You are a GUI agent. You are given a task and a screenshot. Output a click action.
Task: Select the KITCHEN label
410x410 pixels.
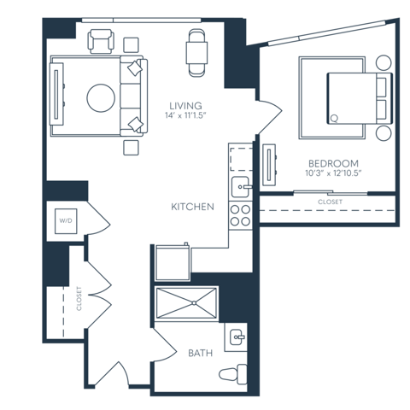(x=192, y=207)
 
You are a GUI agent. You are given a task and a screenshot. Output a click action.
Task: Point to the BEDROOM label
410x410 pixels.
(x=334, y=162)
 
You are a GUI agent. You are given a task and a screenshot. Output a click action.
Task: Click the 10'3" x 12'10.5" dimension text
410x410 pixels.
(x=334, y=173)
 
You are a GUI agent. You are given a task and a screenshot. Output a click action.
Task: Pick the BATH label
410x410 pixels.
(x=200, y=352)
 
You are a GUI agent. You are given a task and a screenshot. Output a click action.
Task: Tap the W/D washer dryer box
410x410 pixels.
(x=67, y=221)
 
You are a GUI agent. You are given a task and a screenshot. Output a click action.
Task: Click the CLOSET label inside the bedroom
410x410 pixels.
(x=330, y=202)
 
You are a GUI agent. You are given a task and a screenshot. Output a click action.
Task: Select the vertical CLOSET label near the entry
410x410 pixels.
(x=79, y=299)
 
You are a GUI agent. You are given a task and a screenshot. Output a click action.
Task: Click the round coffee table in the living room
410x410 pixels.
(x=100, y=97)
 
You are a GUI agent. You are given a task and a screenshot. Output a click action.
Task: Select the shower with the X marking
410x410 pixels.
(x=186, y=303)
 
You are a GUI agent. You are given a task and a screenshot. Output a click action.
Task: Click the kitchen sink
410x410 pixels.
(x=241, y=187)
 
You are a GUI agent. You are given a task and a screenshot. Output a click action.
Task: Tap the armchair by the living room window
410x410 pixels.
(x=102, y=42)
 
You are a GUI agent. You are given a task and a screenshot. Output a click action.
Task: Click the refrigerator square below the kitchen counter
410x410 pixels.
(x=171, y=261)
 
